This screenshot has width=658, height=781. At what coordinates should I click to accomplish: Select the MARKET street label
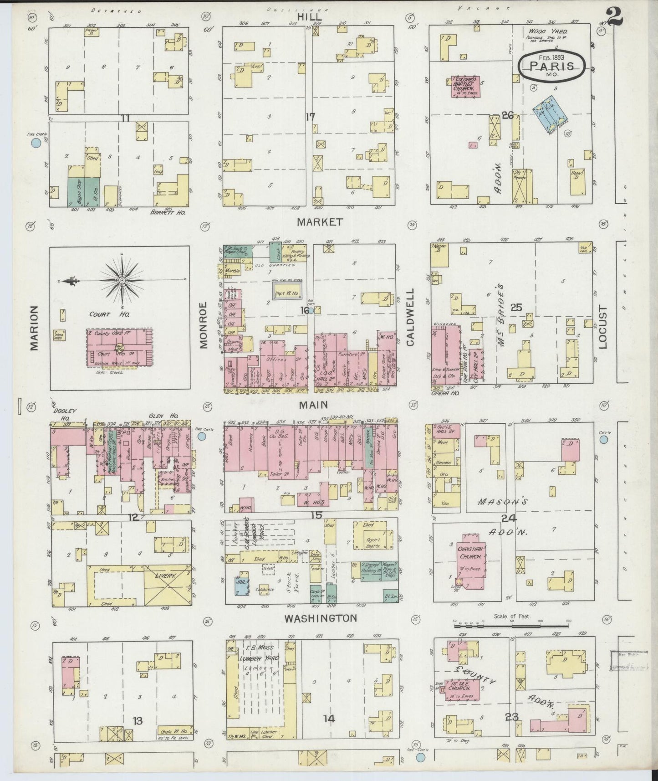pos(313,222)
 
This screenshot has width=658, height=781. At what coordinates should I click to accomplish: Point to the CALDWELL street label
pos(410,318)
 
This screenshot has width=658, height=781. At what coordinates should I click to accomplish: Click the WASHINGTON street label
pos(320,618)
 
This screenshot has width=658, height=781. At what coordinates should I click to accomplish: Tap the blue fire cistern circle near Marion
pos(36,144)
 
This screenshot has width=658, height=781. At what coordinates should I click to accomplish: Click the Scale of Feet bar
pos(512,627)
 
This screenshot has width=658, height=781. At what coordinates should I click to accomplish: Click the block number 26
pos(507,116)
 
